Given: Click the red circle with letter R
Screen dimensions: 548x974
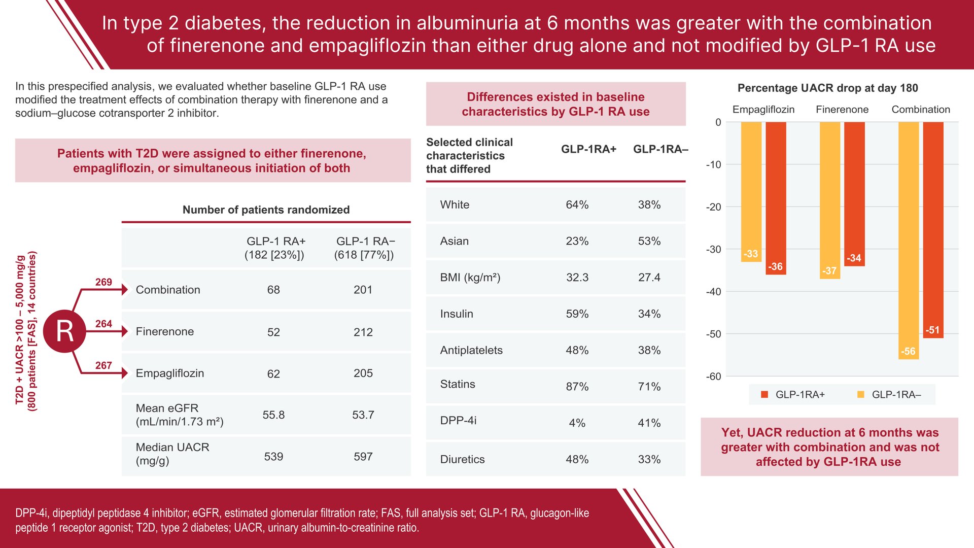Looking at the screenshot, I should tap(64, 331).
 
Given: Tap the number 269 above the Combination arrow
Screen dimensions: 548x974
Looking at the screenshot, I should tap(103, 282).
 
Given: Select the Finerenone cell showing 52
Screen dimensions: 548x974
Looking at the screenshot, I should tap(273, 332).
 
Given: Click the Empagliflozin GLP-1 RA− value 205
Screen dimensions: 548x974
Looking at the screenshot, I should tap(363, 373).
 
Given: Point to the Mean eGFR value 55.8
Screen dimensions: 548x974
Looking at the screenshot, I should tap(273, 415).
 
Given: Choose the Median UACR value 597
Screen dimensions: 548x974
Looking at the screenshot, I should tap(363, 457).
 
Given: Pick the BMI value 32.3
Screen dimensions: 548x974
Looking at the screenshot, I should tap(577, 278).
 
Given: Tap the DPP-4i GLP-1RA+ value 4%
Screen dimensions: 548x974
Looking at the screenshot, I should tap(577, 423).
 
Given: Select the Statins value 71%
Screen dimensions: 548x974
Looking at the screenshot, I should tap(649, 387).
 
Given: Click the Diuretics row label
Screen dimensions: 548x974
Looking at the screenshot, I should tap(462, 459).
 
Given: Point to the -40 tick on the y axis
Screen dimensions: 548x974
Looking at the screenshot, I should tap(713, 292).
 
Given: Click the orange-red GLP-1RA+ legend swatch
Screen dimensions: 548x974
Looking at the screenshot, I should tap(764, 394).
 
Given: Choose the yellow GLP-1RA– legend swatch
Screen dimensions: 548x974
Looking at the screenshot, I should tap(861, 394).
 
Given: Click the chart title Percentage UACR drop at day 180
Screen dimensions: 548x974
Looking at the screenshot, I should tap(827, 88).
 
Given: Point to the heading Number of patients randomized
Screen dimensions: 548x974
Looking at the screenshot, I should tap(266, 210).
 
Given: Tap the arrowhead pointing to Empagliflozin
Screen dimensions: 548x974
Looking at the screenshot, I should tap(125, 373).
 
